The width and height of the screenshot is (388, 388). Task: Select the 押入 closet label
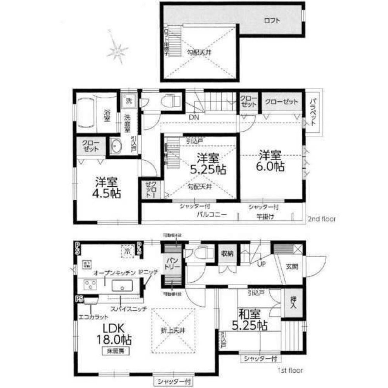point(294,301)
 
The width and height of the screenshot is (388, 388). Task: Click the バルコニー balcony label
point(211,214)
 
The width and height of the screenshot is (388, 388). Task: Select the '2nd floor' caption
point(322,219)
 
